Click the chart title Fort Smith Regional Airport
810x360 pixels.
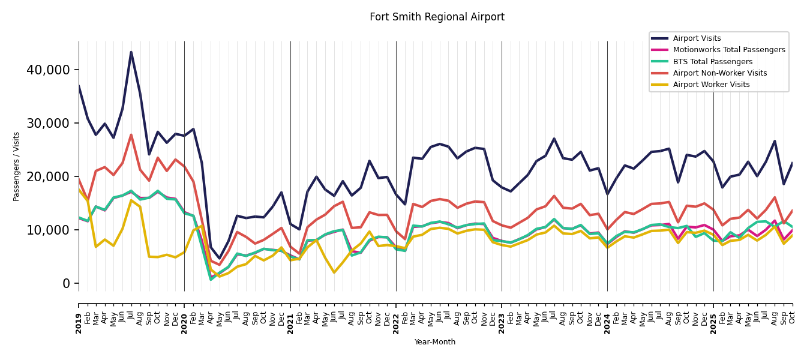tap(437, 17)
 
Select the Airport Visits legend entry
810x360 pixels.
tap(697, 38)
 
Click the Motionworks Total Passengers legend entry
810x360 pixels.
tap(728, 50)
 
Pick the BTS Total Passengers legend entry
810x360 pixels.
tap(712, 62)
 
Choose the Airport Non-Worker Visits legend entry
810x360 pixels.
tap(719, 73)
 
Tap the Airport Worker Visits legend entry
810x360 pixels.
tap(711, 85)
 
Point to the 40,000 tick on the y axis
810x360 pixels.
tap(49, 70)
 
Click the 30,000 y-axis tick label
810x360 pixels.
tap(49, 124)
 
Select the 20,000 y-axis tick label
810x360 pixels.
tap(49, 177)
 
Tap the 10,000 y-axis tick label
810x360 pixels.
tap(49, 230)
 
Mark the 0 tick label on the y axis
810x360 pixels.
tap(67, 284)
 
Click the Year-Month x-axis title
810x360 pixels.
tap(435, 342)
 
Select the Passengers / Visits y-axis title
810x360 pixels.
tap(17, 166)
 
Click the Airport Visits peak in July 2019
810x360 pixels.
tap(131, 52)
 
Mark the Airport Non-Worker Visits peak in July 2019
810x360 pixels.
tap(131, 135)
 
